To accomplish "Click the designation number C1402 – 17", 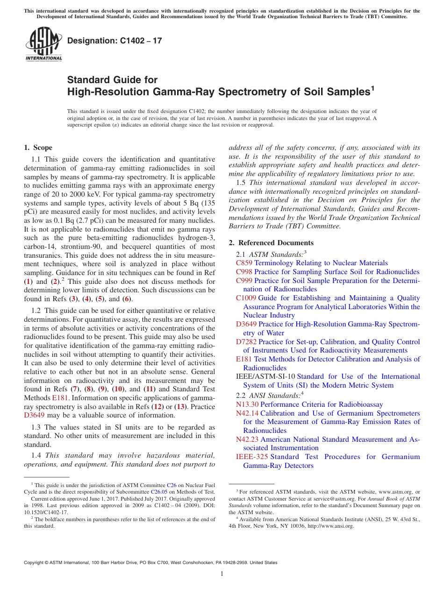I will point(115,41).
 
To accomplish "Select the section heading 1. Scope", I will point(38,148).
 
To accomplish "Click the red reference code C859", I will point(244,263).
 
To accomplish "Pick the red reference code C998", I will point(244,272).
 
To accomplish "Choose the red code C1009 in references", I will point(246,298).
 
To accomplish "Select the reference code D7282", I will point(246,342).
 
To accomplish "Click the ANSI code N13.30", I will point(247,404).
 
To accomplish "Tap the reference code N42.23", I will point(247,439).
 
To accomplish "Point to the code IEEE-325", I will point(252,457).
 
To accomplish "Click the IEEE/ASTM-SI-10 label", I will point(265,376).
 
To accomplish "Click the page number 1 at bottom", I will point(222,574).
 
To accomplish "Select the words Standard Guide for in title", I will point(112,80).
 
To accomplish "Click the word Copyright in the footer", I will point(35,563).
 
